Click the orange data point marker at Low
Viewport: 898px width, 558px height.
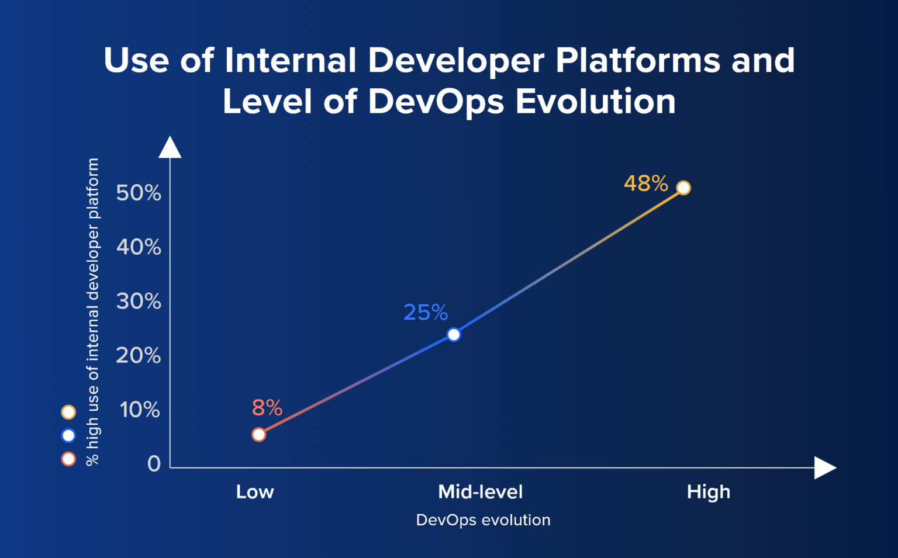pyautogui.click(x=258, y=435)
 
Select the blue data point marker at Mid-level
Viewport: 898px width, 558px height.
pyautogui.click(x=454, y=335)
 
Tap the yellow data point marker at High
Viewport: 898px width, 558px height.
pyautogui.click(x=683, y=188)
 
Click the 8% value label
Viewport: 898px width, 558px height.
pyautogui.click(x=267, y=408)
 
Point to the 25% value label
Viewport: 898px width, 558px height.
pyautogui.click(x=426, y=313)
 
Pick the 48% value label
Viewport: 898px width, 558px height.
pyautogui.click(x=645, y=183)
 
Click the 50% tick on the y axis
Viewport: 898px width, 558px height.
pyautogui.click(x=139, y=193)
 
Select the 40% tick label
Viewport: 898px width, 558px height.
pyautogui.click(x=139, y=247)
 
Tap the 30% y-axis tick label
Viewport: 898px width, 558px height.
pyautogui.click(x=139, y=301)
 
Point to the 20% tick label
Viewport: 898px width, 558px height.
pyautogui.click(x=139, y=356)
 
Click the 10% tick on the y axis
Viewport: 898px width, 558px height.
pyautogui.click(x=140, y=410)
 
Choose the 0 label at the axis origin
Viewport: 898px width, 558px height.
pyautogui.click(x=154, y=464)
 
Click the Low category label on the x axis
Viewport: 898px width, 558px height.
pyautogui.click(x=255, y=492)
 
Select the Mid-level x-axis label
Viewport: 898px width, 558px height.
pyautogui.click(x=481, y=492)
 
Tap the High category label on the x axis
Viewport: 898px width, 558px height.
pyautogui.click(x=709, y=492)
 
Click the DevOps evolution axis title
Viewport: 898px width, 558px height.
pyautogui.click(x=483, y=520)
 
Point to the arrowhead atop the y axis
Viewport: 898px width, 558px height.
pyautogui.click(x=170, y=148)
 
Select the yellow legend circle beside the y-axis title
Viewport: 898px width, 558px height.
pyautogui.click(x=68, y=413)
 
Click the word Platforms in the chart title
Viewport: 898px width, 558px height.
pyautogui.click(x=638, y=60)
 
